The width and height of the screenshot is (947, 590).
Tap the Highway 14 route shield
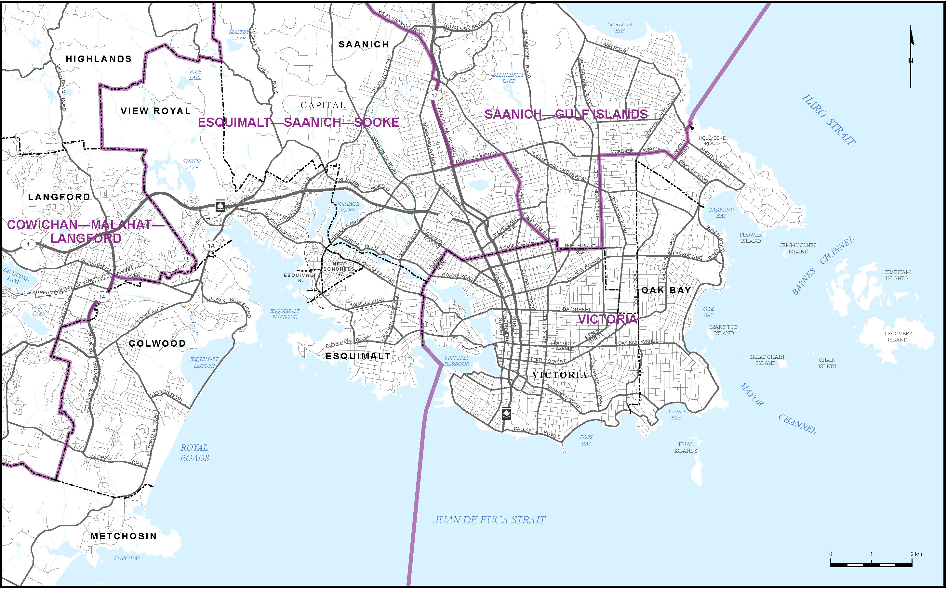pos(102,297)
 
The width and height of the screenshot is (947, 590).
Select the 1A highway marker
pos(211,245)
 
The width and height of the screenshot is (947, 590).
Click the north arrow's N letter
pos(910,60)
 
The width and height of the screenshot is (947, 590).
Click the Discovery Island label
pos(897,336)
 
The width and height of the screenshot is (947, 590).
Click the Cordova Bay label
pos(620,27)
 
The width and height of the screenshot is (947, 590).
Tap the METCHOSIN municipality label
pos(123,536)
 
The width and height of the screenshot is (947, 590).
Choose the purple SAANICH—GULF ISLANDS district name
pos(566,114)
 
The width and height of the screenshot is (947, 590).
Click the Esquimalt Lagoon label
pos(204,363)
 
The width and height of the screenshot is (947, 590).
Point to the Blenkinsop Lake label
pos(508,78)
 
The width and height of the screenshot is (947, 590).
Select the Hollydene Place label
pos(712,140)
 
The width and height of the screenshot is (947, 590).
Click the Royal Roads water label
pos(194,453)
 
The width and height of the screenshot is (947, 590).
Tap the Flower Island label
pos(750,237)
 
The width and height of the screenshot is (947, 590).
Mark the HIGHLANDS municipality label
pos(99,59)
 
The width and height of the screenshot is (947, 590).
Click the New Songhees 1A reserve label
pos(339,269)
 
